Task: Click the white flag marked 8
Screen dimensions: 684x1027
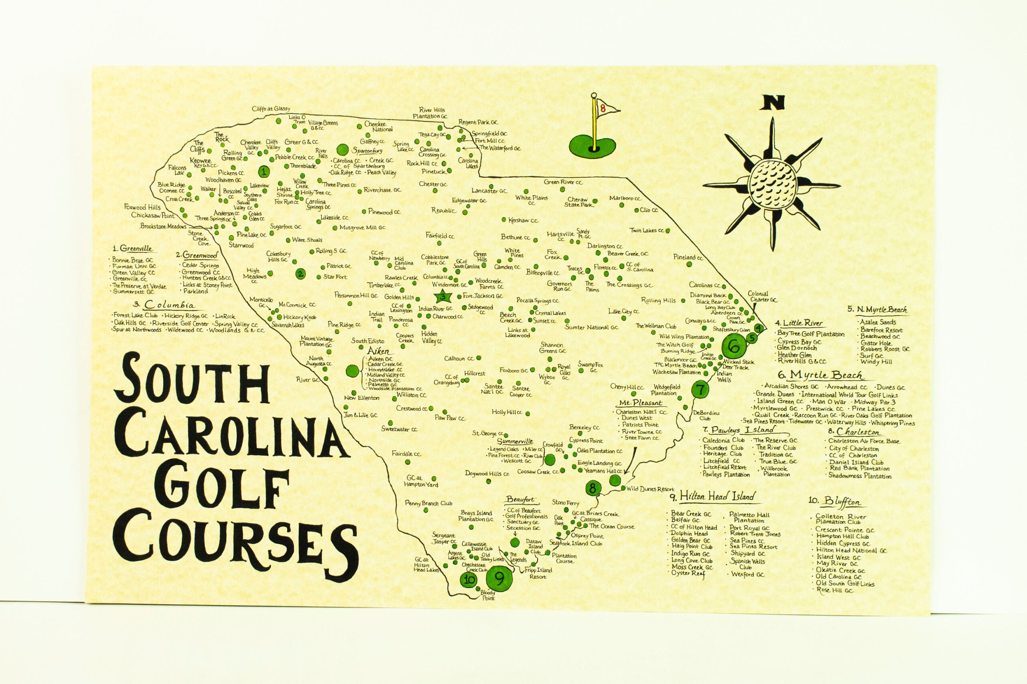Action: point(604,109)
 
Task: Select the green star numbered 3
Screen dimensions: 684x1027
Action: point(444,297)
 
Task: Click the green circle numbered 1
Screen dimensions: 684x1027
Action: point(263,172)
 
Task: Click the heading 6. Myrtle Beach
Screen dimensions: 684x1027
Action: point(820,375)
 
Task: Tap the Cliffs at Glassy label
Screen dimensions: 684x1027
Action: point(271,109)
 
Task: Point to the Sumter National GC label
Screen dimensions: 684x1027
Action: point(591,327)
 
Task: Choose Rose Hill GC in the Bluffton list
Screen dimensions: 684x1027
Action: point(837,591)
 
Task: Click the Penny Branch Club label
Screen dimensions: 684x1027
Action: point(428,503)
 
